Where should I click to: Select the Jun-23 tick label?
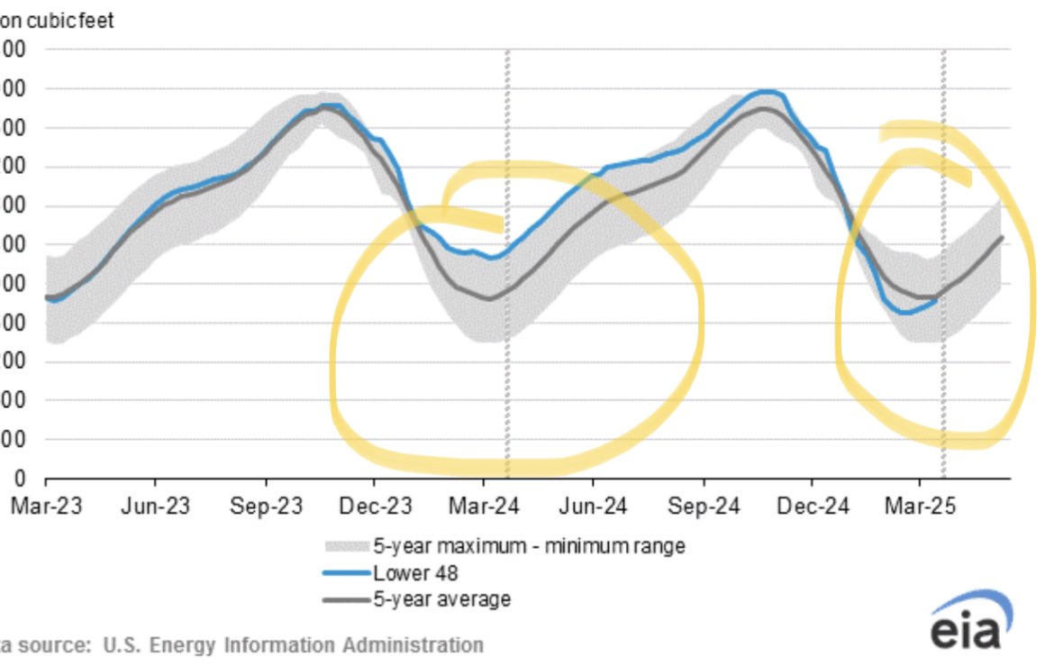pyautogui.click(x=156, y=507)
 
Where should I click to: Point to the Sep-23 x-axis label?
pyautogui.click(x=266, y=507)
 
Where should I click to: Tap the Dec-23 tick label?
pyautogui.click(x=376, y=507)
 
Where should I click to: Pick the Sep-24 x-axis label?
pyautogui.click(x=704, y=507)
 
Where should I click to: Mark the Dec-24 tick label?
pyautogui.click(x=813, y=507)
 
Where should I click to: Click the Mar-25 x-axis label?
pyautogui.click(x=922, y=507)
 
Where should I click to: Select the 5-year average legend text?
pyautogui.click(x=441, y=598)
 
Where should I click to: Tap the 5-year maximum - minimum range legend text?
pyautogui.click(x=529, y=546)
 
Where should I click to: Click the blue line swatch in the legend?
pyautogui.click(x=346, y=573)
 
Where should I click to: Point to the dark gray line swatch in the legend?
pyautogui.click(x=346, y=598)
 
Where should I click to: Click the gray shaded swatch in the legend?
pyautogui.click(x=346, y=546)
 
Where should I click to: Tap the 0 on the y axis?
pyautogui.click(x=19, y=478)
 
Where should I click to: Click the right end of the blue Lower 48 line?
pyautogui.click(x=936, y=302)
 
